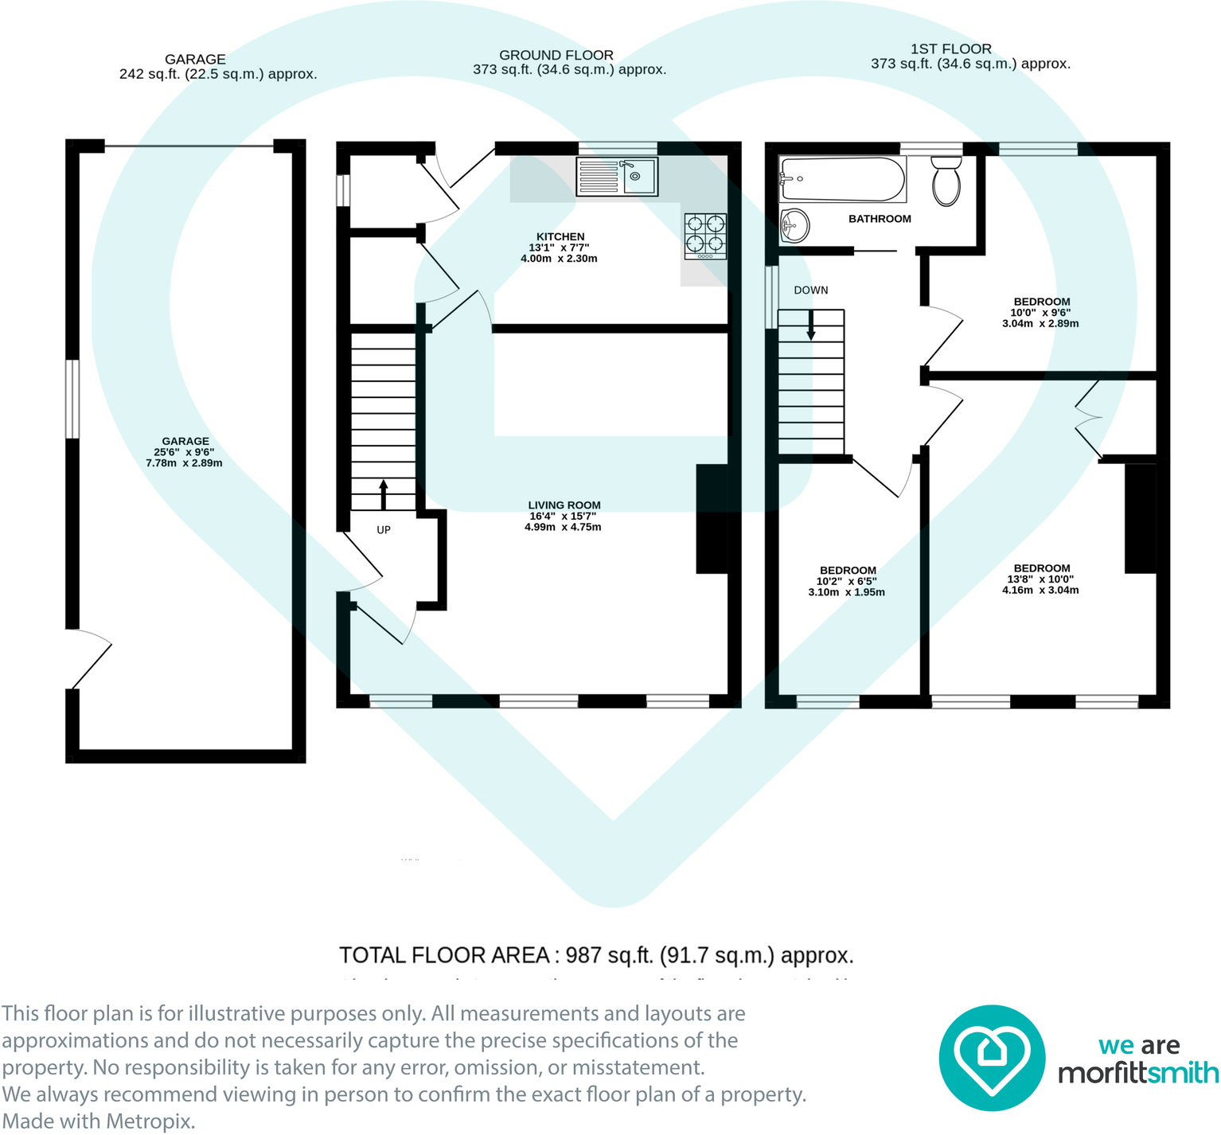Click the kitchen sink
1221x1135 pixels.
click(x=618, y=177)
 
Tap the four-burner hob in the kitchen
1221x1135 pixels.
click(x=705, y=236)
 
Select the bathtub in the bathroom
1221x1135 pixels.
click(x=842, y=179)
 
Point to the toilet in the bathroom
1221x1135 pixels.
click(x=946, y=181)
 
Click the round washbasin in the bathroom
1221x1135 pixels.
click(x=794, y=225)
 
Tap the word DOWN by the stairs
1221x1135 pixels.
click(x=810, y=291)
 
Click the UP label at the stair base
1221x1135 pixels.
click(x=384, y=530)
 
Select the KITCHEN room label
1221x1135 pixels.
click(x=560, y=236)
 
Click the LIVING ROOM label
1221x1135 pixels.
click(x=564, y=505)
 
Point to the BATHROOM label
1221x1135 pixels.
click(x=880, y=219)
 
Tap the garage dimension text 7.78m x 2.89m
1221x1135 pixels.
click(x=184, y=463)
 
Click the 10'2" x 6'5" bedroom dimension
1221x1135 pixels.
click(x=847, y=581)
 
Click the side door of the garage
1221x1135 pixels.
click(x=89, y=659)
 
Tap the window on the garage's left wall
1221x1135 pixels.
click(x=72, y=399)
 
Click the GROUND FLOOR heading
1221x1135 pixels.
click(x=556, y=55)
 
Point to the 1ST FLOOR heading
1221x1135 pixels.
click(x=950, y=49)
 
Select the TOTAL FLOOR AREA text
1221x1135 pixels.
click(x=596, y=955)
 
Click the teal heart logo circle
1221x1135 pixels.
click(x=991, y=1058)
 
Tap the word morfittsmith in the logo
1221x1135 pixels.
click(x=1137, y=1073)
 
